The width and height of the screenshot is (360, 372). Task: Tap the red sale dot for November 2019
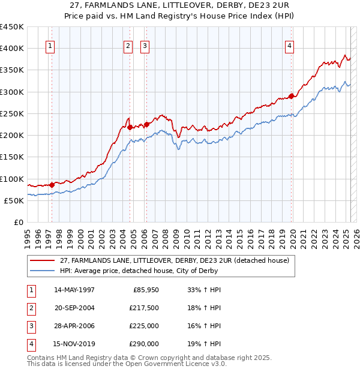pos(291,96)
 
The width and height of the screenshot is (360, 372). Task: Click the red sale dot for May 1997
pos(52,185)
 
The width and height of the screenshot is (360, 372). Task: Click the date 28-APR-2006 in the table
pos(74,326)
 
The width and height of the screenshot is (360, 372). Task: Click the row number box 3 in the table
pos(31,326)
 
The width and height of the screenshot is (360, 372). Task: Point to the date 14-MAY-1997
pos(74,290)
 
